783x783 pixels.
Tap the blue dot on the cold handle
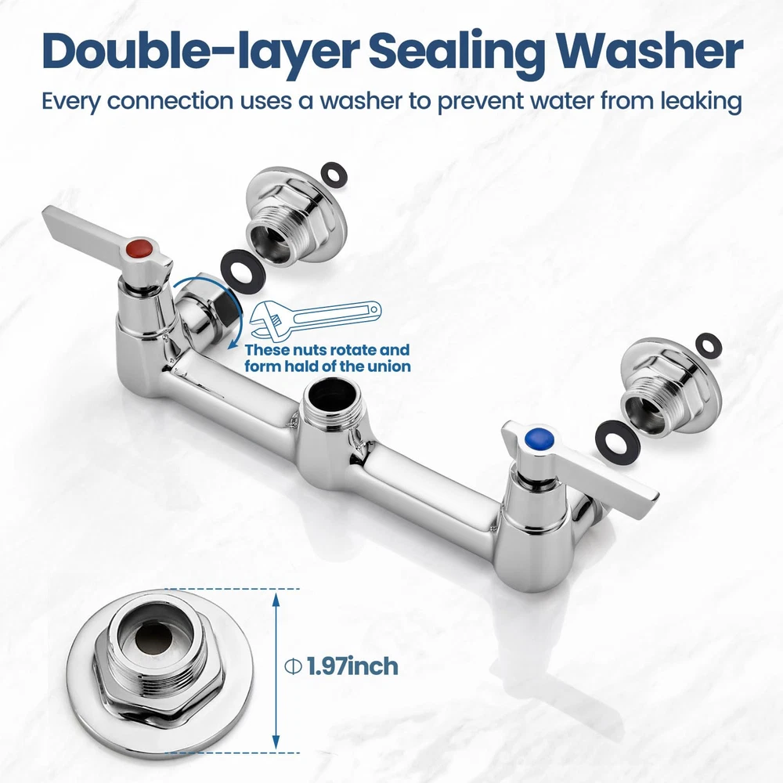539,439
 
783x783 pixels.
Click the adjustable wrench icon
316,318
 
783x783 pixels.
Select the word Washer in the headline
650,52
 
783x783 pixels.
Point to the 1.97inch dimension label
352,666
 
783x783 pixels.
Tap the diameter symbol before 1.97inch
293,666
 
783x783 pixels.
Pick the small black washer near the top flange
334,175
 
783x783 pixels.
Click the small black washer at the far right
709,346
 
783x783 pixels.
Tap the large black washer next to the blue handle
618,441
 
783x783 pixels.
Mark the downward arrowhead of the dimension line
275,742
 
